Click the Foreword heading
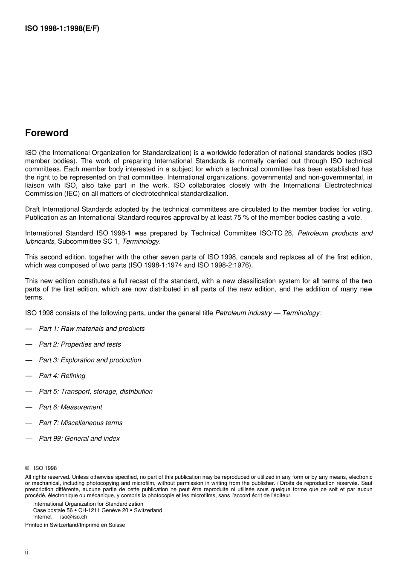click(x=46, y=133)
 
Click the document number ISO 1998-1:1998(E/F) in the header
click(x=62, y=29)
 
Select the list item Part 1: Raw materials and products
click(x=92, y=329)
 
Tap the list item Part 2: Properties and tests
click(x=80, y=344)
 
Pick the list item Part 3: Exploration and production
click(x=90, y=360)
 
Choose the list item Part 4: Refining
click(x=62, y=376)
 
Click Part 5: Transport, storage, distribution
click(x=95, y=392)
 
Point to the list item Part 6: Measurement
click(x=70, y=408)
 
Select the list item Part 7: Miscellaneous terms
click(x=81, y=423)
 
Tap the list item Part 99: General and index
click(x=79, y=439)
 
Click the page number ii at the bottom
click(x=26, y=552)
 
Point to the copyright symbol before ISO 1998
click(x=27, y=468)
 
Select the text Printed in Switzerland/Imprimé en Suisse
click(x=75, y=525)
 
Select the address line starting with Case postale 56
click(x=98, y=510)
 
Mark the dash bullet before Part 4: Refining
click(x=29, y=376)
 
